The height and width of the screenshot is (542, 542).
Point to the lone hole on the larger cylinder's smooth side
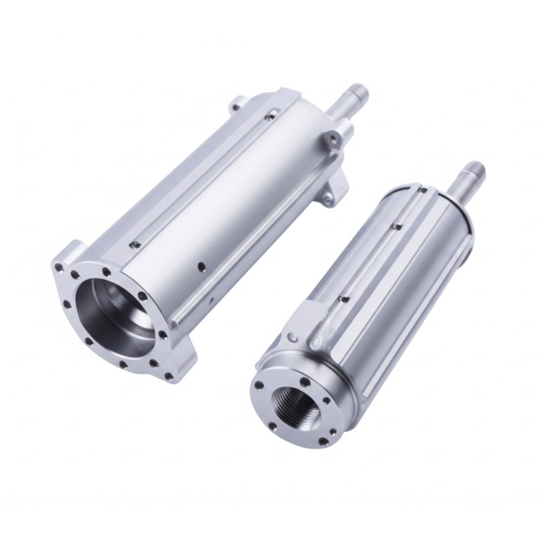pos(201,266)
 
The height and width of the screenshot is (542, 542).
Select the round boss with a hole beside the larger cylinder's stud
pos(332,139)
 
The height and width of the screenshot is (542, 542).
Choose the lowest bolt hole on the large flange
pos(169,376)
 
